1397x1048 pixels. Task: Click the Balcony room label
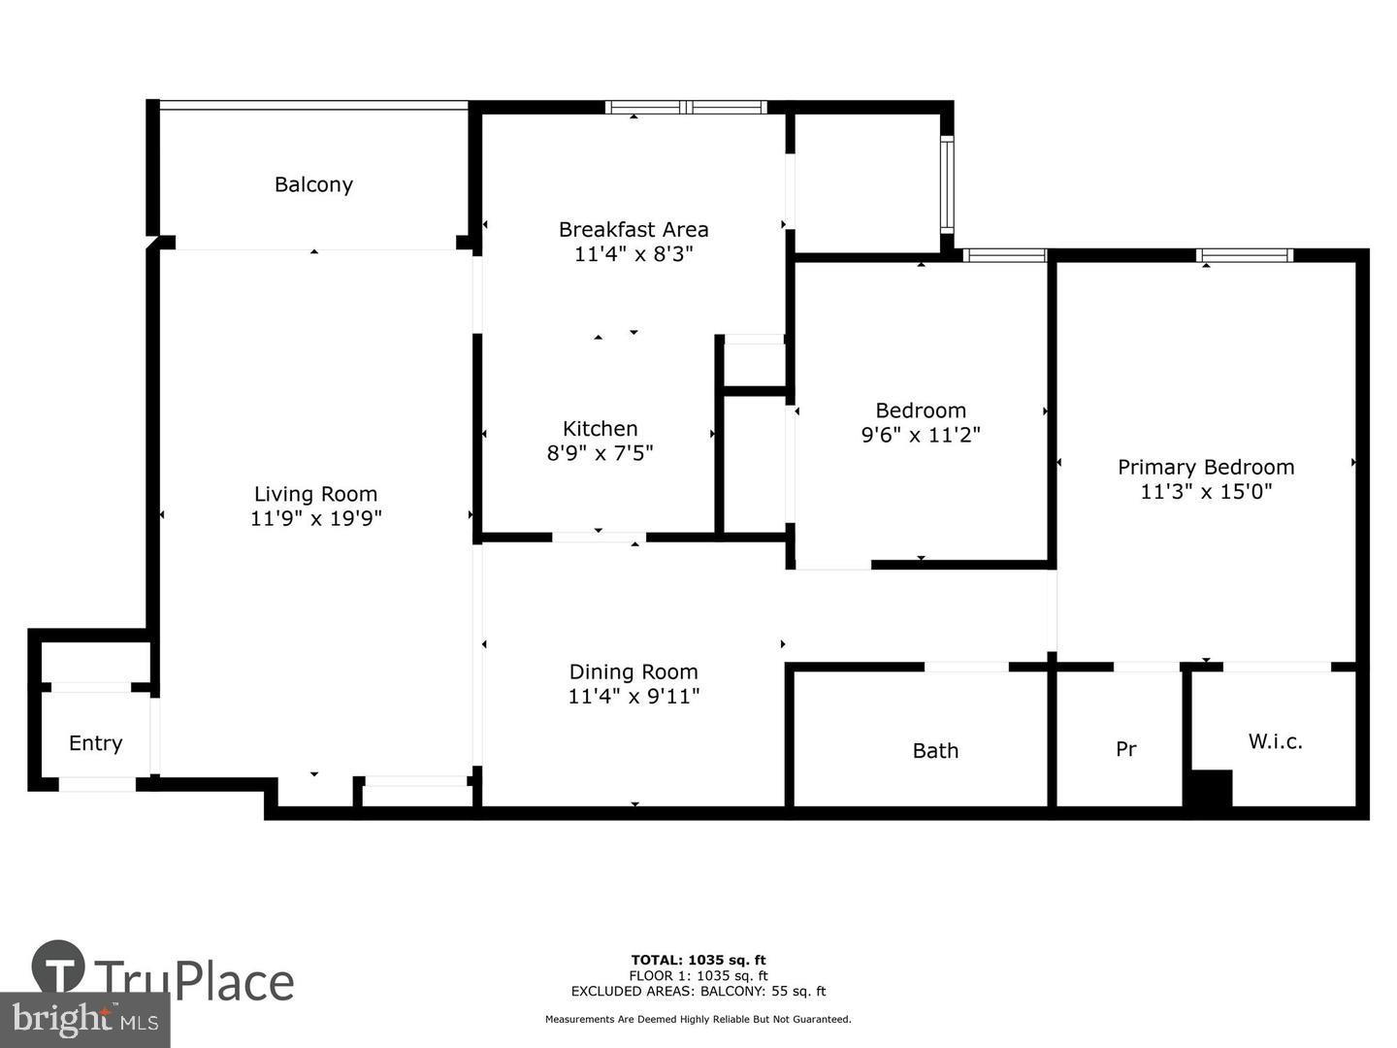[x=313, y=184]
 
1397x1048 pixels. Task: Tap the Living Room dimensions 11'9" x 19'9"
[x=316, y=519]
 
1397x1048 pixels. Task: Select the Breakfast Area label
[x=634, y=230]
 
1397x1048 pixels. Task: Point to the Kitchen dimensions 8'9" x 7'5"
[x=601, y=453]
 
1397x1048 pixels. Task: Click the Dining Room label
[x=634, y=671]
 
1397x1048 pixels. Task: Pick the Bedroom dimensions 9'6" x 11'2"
[x=921, y=435]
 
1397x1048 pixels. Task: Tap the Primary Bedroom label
[x=1206, y=467]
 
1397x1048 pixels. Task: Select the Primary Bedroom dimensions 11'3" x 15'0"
[x=1206, y=492]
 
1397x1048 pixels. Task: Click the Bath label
[x=935, y=750]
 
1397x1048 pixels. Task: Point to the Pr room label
[x=1125, y=749]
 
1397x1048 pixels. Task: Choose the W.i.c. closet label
[x=1275, y=741]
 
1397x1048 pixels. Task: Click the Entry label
[x=95, y=743]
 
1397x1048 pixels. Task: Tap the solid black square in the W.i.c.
[x=1208, y=788]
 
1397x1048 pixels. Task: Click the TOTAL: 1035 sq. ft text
[x=698, y=961]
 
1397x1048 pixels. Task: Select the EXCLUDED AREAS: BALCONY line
[x=698, y=991]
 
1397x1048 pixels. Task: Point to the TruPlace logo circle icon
[x=58, y=967]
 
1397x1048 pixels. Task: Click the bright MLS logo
[x=85, y=1019]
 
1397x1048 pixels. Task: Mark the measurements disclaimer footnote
[x=698, y=1019]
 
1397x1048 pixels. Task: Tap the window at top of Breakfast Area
[x=687, y=107]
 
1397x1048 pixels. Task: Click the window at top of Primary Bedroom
[x=1246, y=255]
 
